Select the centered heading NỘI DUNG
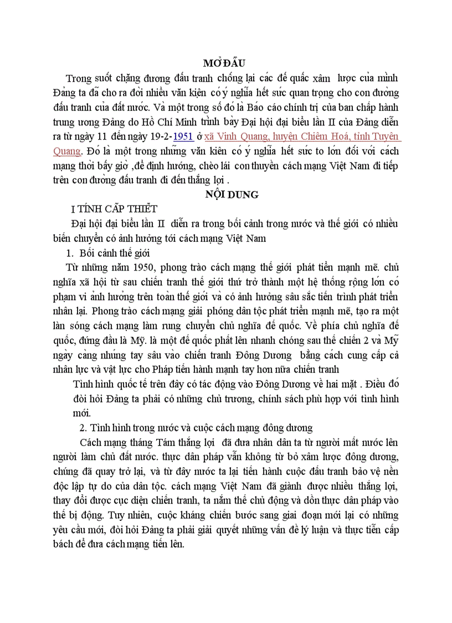click(224, 194)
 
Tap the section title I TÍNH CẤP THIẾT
click(118, 209)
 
